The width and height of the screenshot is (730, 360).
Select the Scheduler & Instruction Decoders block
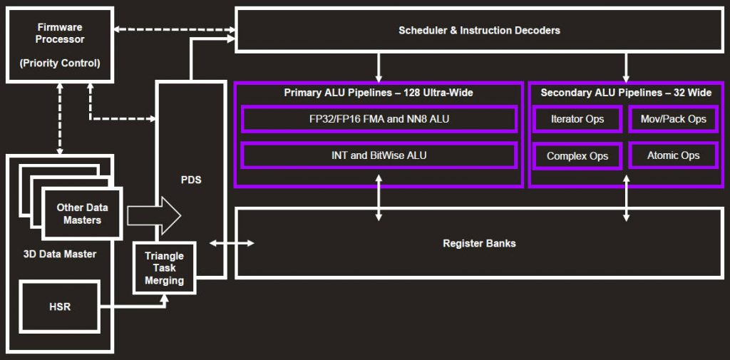pyautogui.click(x=478, y=30)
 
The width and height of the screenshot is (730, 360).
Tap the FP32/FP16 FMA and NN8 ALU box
pyautogui.click(x=379, y=119)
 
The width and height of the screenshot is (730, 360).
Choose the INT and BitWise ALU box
pyautogui.click(x=379, y=155)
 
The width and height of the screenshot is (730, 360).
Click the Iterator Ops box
pyautogui.click(x=577, y=119)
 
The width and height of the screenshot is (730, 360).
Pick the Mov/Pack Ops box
pyautogui.click(x=673, y=119)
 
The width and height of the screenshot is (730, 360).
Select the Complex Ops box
pyautogui.click(x=577, y=155)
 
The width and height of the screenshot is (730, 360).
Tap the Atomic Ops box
pyautogui.click(x=673, y=155)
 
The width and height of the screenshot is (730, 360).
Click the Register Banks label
pyautogui.click(x=479, y=243)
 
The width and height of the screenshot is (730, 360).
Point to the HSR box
pyautogui.click(x=60, y=307)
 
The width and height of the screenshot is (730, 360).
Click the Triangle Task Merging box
pyautogui.click(x=164, y=268)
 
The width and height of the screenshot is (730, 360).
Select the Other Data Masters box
pyautogui.click(x=82, y=214)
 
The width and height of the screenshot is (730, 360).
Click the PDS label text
pyautogui.click(x=191, y=180)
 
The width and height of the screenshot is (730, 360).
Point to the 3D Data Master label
pyautogui.click(x=60, y=254)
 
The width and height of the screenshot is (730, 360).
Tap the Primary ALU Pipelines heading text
pyautogui.click(x=379, y=93)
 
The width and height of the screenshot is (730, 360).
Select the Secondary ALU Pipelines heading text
pyautogui.click(x=626, y=93)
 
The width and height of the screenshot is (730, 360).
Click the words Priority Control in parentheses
pyautogui.click(x=60, y=63)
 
